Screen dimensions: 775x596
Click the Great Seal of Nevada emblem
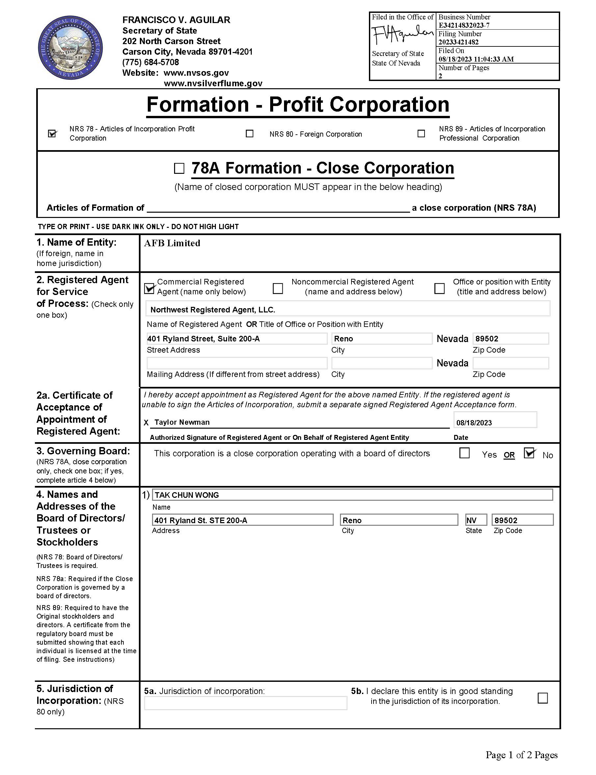(70, 47)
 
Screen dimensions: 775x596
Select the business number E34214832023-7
(464, 25)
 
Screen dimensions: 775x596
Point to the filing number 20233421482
(458, 42)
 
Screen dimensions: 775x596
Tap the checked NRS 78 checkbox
(52, 133)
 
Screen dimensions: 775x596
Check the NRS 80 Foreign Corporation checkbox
(249, 133)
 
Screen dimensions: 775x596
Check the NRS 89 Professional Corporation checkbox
(421, 133)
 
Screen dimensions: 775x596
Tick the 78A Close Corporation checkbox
(179, 168)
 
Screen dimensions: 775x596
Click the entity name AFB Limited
(172, 243)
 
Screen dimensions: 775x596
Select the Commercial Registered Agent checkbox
(150, 288)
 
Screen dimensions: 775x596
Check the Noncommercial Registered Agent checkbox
(278, 288)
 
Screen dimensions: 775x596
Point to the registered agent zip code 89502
(510, 338)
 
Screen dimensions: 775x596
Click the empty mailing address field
(237, 363)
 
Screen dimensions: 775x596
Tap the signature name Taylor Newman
(182, 422)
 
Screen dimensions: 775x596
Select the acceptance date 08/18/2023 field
(495, 421)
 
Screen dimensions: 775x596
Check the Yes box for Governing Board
(464, 453)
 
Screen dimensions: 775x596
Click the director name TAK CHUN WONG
(352, 495)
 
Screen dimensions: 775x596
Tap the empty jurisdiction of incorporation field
(245, 703)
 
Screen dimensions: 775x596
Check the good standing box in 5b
(543, 698)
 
